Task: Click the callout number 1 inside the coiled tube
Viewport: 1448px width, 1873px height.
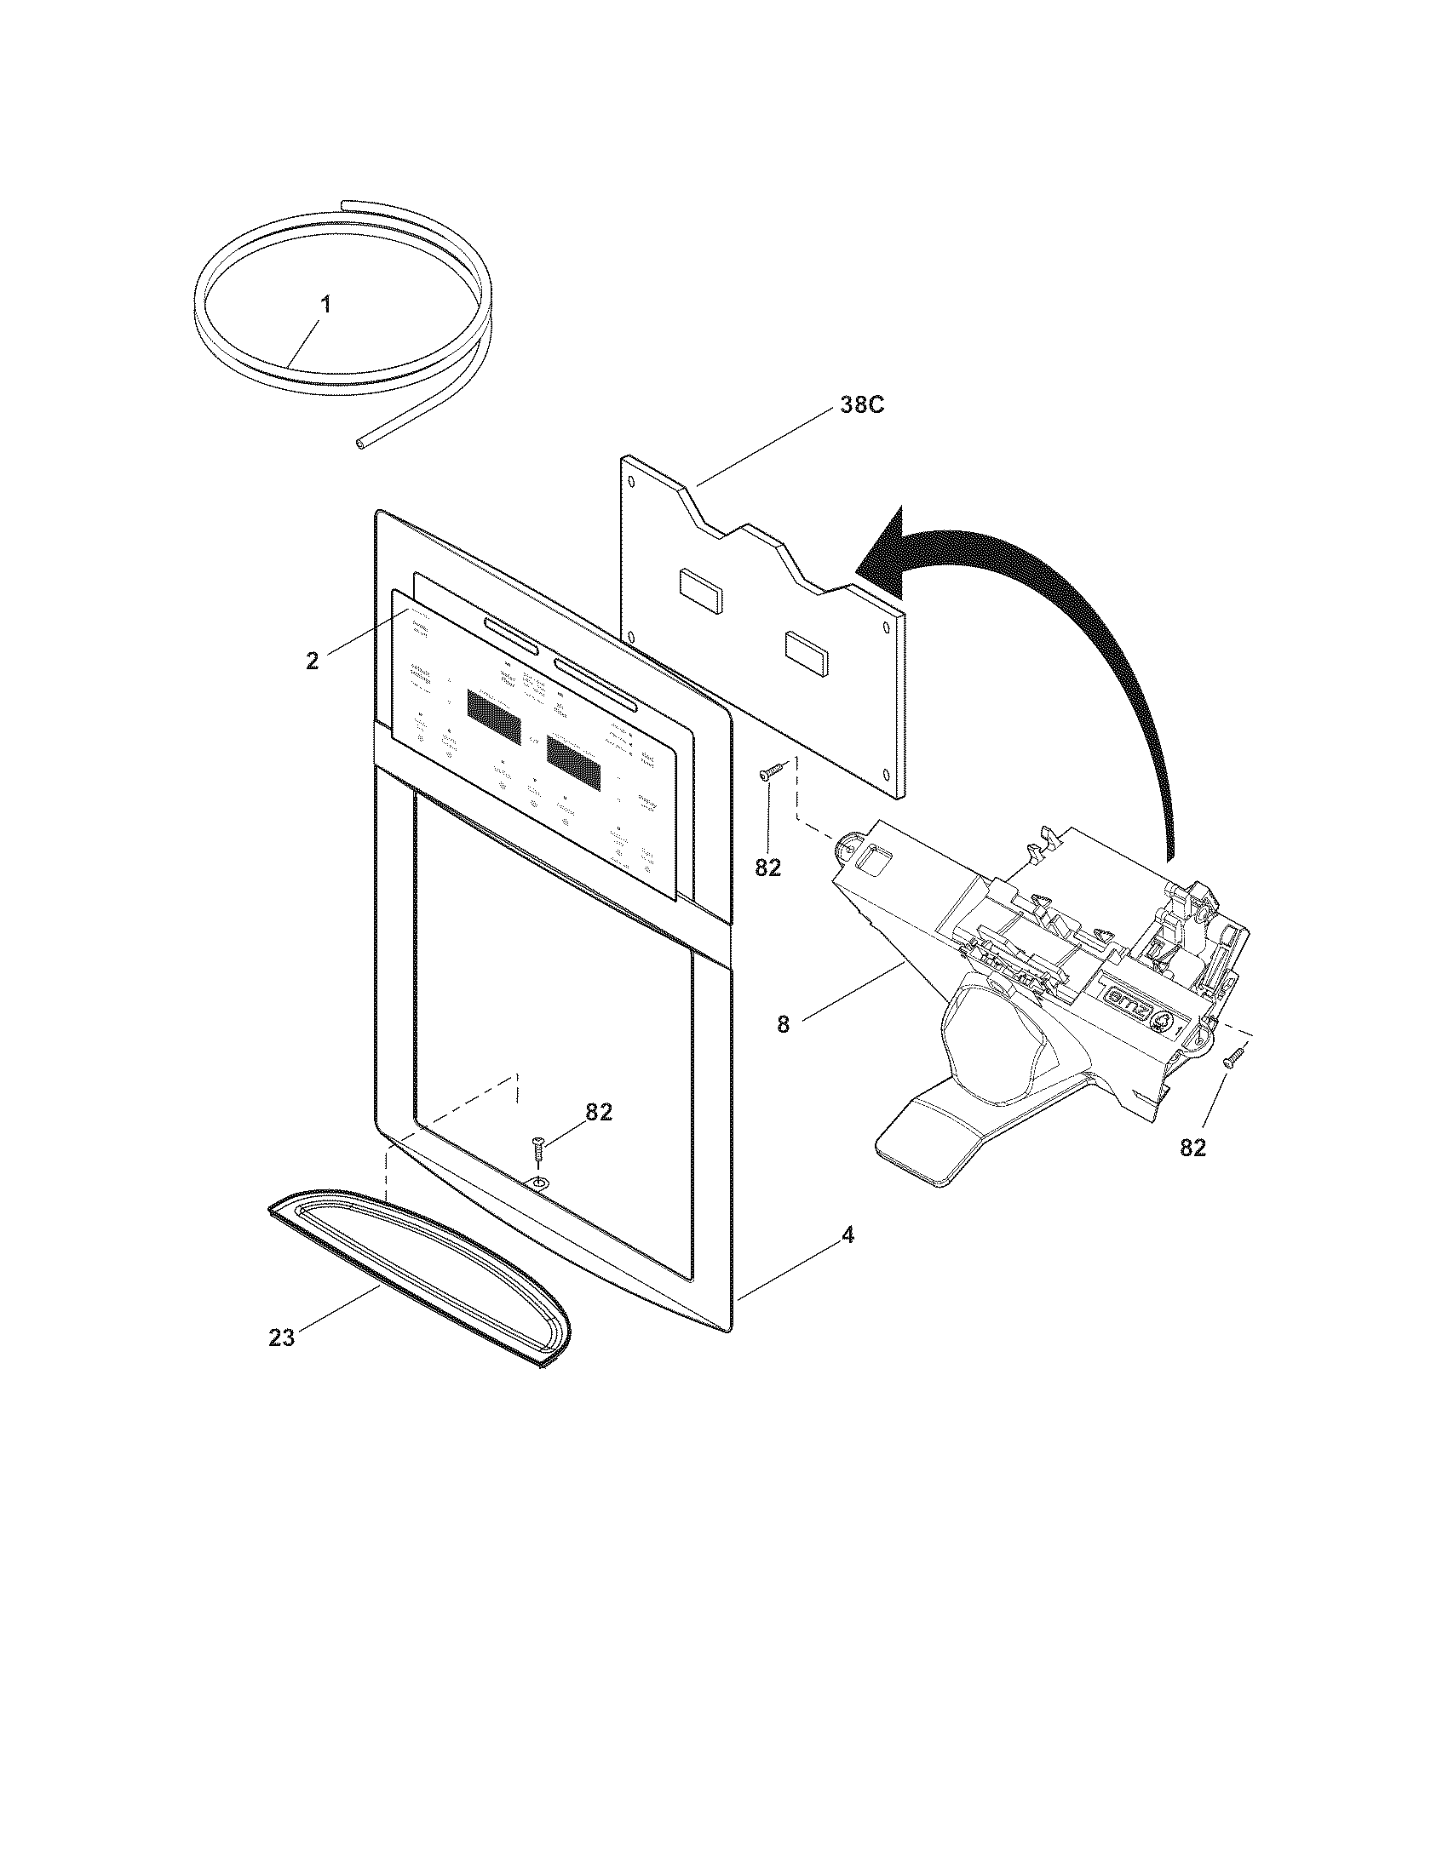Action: [325, 306]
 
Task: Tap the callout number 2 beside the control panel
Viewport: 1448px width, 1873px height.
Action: [313, 661]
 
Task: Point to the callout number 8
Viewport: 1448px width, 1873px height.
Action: [782, 1024]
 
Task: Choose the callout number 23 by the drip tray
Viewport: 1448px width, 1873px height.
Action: [281, 1336]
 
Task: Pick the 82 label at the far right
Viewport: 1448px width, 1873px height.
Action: [1192, 1148]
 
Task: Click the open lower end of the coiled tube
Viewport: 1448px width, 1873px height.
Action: [360, 443]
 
